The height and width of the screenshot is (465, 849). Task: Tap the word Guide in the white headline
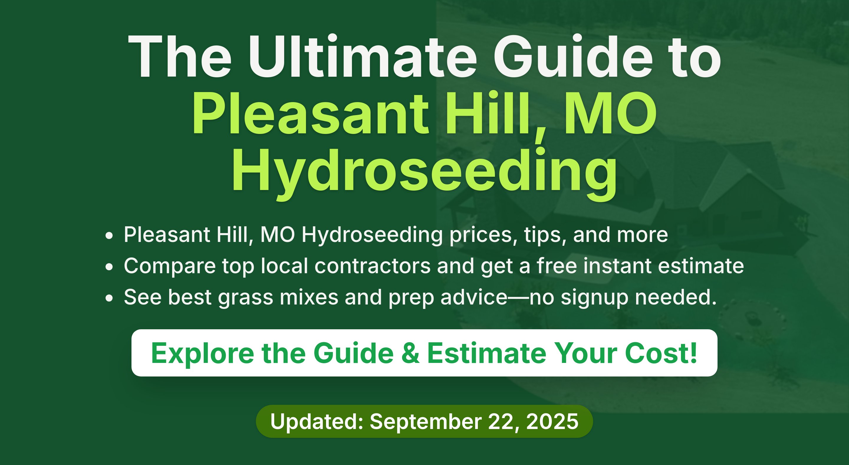[573, 56]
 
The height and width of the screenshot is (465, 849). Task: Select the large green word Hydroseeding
[424, 173]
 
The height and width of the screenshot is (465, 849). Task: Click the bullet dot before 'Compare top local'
[109, 267]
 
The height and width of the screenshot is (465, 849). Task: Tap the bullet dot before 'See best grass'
[109, 298]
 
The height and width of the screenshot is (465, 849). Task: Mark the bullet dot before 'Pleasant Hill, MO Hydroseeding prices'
[109, 236]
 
